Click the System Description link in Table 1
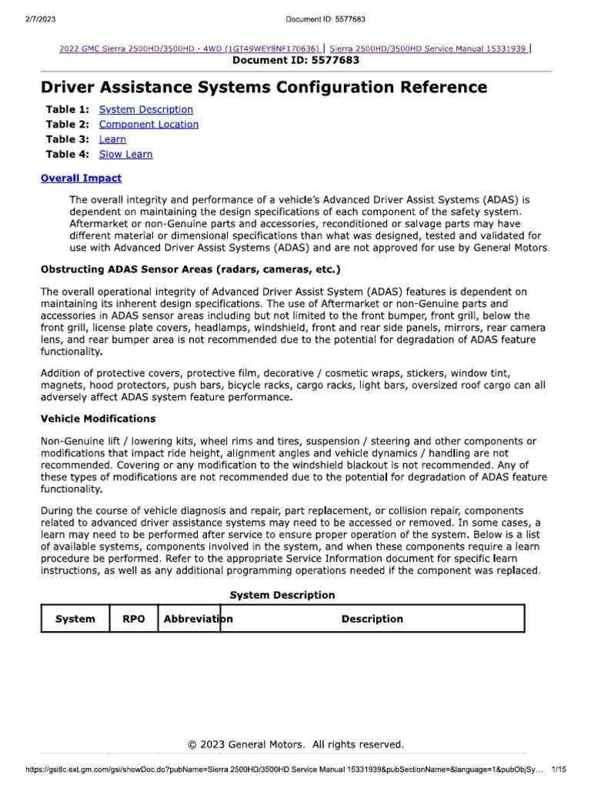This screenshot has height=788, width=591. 145,110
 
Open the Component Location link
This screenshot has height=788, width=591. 149,125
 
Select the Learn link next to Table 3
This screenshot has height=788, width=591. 112,139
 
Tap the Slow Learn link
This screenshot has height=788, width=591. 125,154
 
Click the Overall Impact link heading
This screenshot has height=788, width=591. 81,178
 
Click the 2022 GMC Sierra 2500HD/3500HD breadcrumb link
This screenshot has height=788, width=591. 189,48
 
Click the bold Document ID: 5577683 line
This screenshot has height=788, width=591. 295,60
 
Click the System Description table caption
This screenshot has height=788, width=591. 282,595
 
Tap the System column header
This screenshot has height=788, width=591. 75,619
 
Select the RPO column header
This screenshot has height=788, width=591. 133,619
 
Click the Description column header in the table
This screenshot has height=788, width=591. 372,619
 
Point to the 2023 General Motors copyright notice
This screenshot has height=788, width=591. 295,744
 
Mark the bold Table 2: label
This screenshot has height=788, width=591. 68,125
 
